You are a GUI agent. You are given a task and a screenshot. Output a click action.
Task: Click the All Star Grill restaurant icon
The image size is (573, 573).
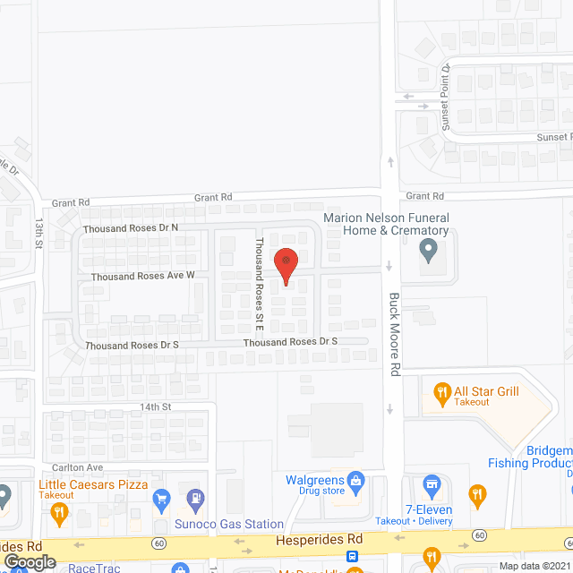coord(440,391)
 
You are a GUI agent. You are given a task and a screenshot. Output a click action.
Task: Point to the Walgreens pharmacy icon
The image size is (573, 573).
coord(355,480)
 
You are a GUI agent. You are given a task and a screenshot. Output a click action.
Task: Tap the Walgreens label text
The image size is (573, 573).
coord(314,480)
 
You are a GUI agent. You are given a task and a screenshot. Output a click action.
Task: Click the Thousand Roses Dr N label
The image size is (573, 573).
coord(131,228)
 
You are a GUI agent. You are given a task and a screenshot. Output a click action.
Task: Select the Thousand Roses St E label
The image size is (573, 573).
coord(259,279)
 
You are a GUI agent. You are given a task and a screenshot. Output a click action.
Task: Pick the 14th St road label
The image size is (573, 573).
coord(154,406)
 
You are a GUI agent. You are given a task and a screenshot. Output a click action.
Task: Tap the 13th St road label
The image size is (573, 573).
coord(39,231)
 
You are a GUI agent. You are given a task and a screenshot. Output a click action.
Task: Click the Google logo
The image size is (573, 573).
coord(30,561)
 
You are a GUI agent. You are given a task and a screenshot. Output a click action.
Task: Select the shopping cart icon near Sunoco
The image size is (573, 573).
coord(161,498)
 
